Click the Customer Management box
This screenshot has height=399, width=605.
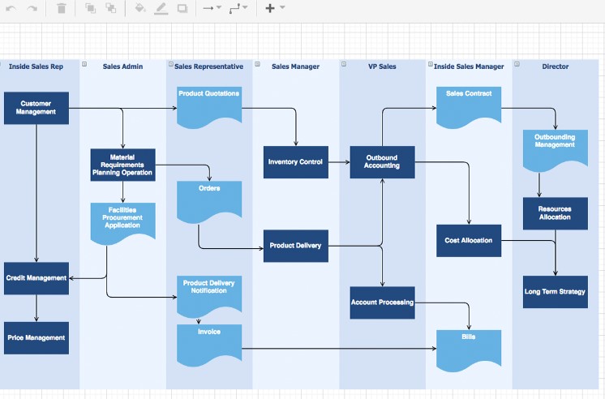(36, 108)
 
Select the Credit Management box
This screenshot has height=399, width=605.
(36, 278)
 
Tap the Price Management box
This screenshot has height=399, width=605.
(36, 337)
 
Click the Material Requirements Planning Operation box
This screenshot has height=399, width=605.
(122, 164)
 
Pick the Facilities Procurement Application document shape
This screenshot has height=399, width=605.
(122, 220)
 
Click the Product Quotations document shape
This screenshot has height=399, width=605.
(209, 106)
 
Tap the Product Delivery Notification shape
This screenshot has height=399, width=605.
(209, 294)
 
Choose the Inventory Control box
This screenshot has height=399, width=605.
(295, 162)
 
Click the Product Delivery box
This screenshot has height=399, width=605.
(295, 246)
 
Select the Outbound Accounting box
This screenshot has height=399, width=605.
(382, 162)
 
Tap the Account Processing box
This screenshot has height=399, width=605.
(382, 302)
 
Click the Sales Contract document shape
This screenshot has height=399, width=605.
(469, 106)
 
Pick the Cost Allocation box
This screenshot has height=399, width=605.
(469, 241)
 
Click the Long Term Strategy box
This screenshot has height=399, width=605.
(556, 292)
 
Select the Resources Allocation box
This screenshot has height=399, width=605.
(556, 213)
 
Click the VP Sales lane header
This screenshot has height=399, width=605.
(382, 66)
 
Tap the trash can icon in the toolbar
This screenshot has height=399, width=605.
(62, 8)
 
